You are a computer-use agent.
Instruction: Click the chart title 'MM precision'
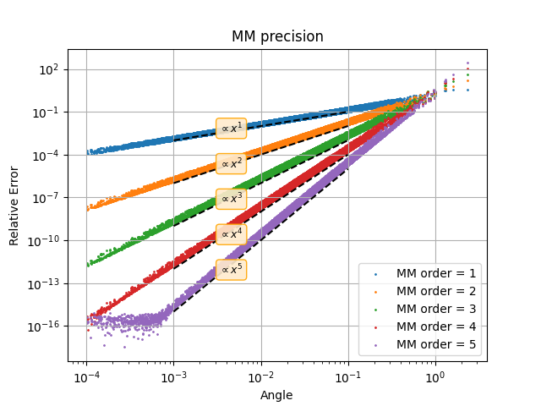pyautogui.click(x=277, y=36)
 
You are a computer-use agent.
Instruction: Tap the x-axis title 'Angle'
pyautogui.click(x=277, y=395)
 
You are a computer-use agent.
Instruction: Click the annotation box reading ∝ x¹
pyautogui.click(x=232, y=128)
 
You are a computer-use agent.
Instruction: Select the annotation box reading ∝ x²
pyautogui.click(x=232, y=163)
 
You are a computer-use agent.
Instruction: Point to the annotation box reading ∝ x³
pyautogui.click(x=232, y=199)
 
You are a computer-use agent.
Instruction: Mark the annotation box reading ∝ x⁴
pyautogui.click(x=232, y=233)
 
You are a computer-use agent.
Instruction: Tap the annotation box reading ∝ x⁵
pyautogui.click(x=232, y=269)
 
